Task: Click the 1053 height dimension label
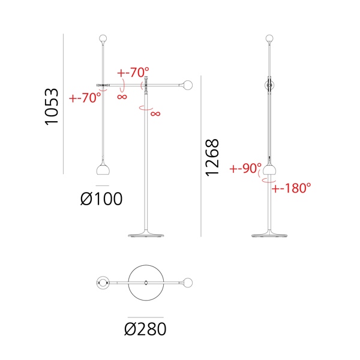[52, 107]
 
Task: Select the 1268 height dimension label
[212, 158]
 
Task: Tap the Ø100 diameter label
[101, 199]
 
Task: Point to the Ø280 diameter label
[145, 329]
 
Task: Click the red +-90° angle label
[245, 168]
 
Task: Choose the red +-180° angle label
[291, 188]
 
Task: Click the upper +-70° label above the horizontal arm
[133, 73]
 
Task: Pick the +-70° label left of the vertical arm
[85, 98]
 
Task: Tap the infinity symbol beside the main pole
[155, 113]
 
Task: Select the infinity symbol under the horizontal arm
[122, 97]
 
